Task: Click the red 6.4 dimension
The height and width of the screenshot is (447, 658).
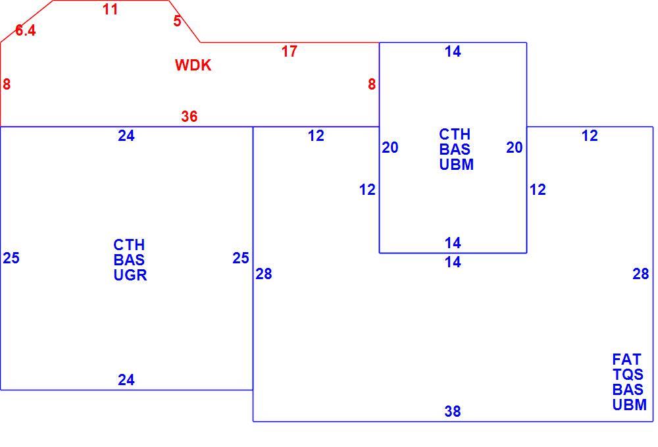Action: tap(26, 30)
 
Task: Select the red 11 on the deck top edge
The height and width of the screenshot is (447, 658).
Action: tap(111, 9)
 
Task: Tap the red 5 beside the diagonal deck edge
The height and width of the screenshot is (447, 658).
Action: tap(178, 20)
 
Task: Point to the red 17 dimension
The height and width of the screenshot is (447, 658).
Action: tap(289, 51)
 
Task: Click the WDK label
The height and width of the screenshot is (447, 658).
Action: tap(193, 65)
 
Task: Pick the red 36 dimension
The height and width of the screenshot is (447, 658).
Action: tap(190, 117)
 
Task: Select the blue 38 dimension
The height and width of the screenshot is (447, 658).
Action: tap(453, 411)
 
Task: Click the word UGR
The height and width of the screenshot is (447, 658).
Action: tap(130, 275)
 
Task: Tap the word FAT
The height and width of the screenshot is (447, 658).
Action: tap(626, 359)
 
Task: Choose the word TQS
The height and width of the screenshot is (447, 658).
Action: tap(628, 375)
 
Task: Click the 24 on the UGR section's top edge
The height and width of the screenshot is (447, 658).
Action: tap(126, 136)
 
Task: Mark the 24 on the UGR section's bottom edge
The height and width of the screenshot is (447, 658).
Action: tap(126, 379)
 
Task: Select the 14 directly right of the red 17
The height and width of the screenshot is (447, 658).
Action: tap(453, 51)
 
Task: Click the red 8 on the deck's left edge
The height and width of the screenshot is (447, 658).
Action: tap(7, 84)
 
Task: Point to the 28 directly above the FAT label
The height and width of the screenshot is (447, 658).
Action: tap(641, 274)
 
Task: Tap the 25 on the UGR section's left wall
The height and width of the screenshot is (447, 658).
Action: tap(11, 257)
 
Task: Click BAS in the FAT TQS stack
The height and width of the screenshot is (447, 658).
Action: tap(628, 390)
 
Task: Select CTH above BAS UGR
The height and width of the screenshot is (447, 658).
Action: tap(129, 245)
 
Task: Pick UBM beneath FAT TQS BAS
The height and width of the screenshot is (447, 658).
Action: tap(630, 405)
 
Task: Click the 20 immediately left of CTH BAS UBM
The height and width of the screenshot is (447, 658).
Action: tap(390, 147)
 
